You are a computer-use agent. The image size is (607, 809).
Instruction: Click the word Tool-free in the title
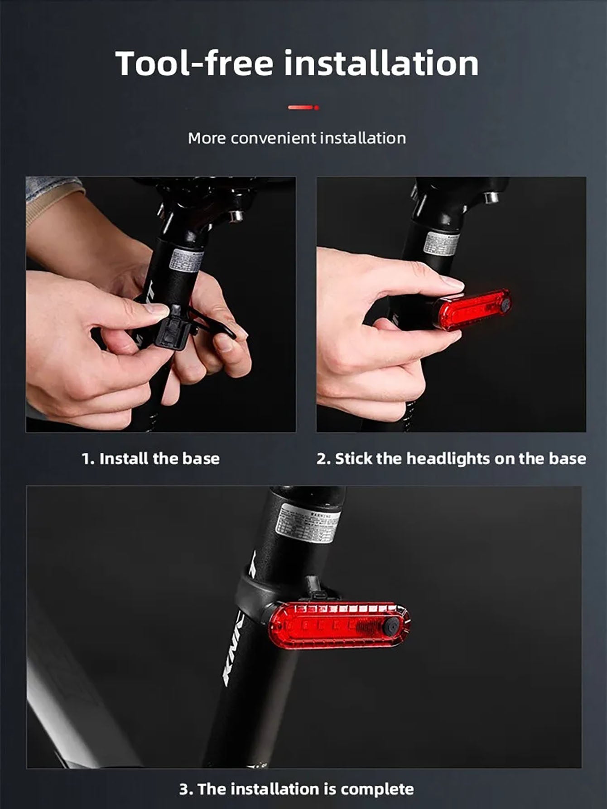point(194,63)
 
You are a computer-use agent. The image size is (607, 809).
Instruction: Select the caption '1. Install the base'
point(150,458)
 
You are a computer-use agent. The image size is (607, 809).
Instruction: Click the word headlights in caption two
point(448,458)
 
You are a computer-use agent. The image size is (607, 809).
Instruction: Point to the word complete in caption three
point(377,789)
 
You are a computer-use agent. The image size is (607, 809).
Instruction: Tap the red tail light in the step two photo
point(471,309)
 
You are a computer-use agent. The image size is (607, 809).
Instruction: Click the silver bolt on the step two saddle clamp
point(491,197)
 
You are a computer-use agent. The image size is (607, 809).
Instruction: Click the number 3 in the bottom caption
point(184,789)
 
